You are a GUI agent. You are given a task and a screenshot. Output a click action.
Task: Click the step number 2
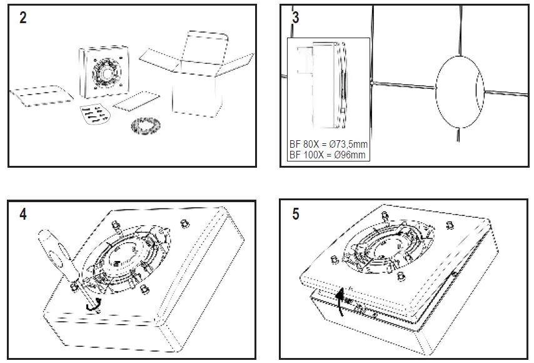(x=23, y=18)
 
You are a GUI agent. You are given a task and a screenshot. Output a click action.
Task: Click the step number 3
(x=296, y=18)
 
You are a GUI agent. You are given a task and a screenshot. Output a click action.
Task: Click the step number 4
(x=23, y=214)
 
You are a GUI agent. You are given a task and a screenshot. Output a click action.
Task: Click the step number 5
(x=296, y=214)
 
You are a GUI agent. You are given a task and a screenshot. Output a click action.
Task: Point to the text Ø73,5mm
(x=345, y=143)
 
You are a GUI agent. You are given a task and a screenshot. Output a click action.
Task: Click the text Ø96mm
(x=348, y=154)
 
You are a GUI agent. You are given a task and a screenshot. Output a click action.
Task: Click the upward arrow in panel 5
(x=340, y=300)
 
